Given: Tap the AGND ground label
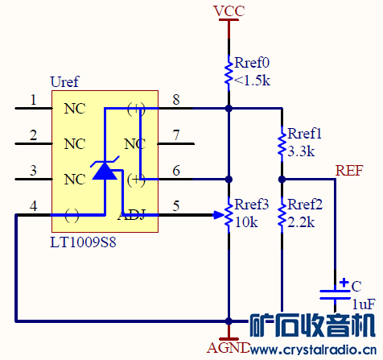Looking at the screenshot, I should (229, 348).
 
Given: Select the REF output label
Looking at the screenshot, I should (349, 171).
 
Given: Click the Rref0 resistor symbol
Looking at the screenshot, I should (229, 70).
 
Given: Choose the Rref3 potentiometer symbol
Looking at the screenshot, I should (229, 214).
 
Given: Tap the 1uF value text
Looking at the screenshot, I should (362, 304).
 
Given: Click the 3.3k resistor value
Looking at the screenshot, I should (300, 151).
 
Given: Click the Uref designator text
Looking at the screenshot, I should (65, 82).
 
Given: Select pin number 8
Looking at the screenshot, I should (176, 100).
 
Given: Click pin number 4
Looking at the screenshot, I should (33, 206).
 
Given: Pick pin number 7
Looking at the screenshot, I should (176, 135).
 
